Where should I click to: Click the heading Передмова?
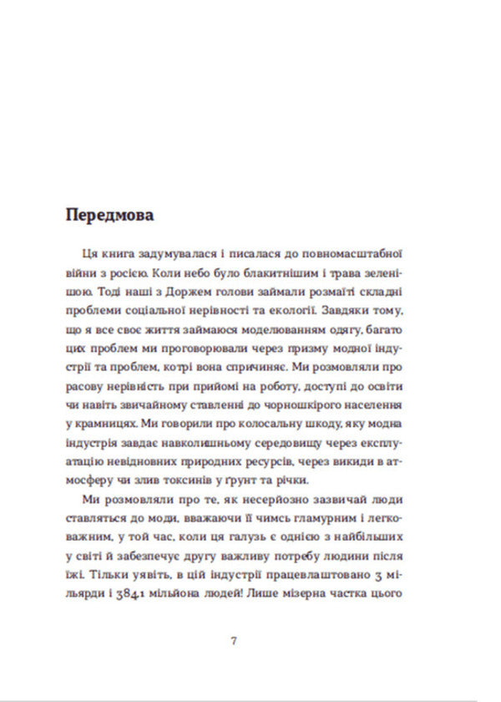pos(109,215)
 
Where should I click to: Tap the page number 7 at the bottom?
pos(234,641)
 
